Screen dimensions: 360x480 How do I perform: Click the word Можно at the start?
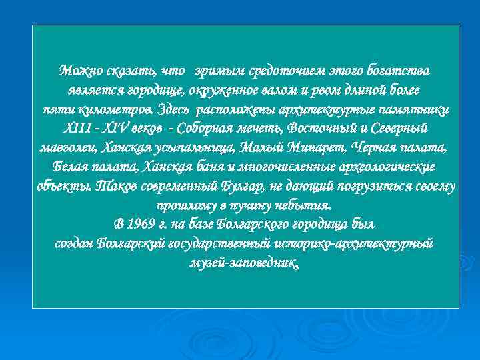coord(76,70)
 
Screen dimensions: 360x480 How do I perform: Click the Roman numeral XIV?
coord(123,127)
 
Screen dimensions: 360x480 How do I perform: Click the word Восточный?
coord(321,127)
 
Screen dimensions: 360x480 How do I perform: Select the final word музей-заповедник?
coord(243,262)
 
